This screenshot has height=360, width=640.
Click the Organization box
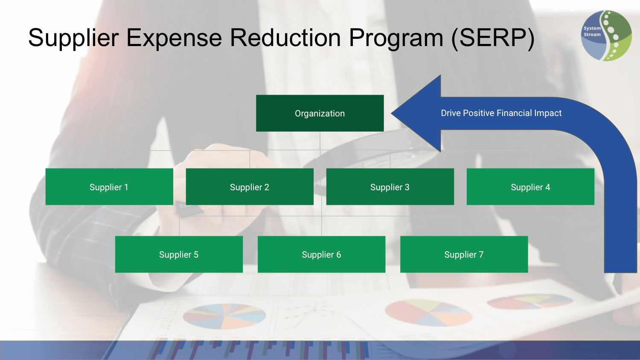point(320,113)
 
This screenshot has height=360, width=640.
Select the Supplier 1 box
point(109,186)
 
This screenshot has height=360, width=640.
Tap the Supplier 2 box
point(250,186)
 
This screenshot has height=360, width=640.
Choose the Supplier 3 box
point(390,186)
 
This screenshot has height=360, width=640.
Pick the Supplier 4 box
point(531,186)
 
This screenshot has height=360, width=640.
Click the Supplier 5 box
point(179,254)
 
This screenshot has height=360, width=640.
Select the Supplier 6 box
point(321,254)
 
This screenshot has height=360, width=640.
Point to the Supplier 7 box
point(464,254)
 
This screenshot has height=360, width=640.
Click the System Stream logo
point(606,36)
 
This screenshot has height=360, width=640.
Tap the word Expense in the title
point(174,38)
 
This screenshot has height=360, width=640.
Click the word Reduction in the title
point(285,38)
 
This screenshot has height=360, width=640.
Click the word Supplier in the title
point(73,38)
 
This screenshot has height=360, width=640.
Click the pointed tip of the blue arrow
point(391,113)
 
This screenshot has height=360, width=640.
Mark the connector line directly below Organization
point(320,141)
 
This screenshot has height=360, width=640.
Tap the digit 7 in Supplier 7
point(481,255)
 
